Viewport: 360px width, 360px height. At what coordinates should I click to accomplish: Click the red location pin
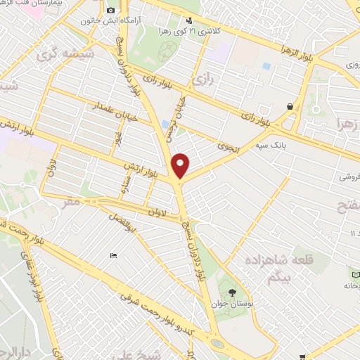(x=181, y=165)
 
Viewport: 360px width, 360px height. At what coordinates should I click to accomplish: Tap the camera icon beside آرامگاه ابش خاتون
(x=110, y=11)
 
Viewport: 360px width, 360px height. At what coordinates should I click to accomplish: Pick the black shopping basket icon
(x=290, y=105)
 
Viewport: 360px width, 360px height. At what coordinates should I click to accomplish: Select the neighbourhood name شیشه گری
(x=56, y=54)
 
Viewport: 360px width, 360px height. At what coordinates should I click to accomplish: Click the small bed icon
(x=113, y=256)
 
